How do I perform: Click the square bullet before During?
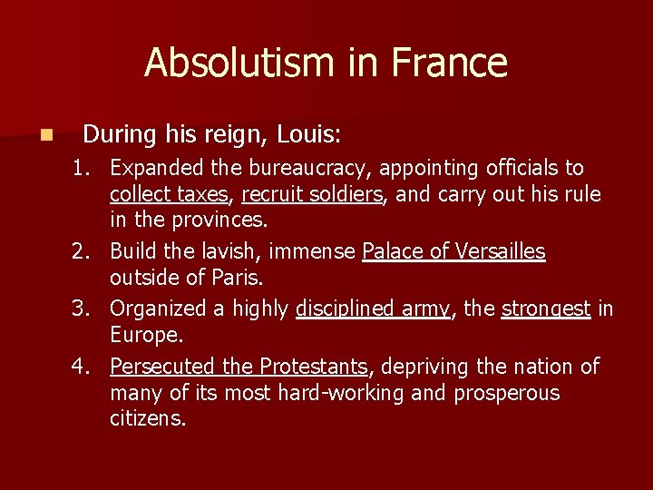click(46, 135)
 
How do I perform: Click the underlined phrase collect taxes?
click(169, 194)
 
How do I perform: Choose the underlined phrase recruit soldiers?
click(312, 194)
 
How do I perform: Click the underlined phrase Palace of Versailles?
click(453, 251)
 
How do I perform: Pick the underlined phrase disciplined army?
click(373, 309)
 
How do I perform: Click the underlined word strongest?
click(546, 309)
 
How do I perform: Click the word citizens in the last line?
click(147, 418)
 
